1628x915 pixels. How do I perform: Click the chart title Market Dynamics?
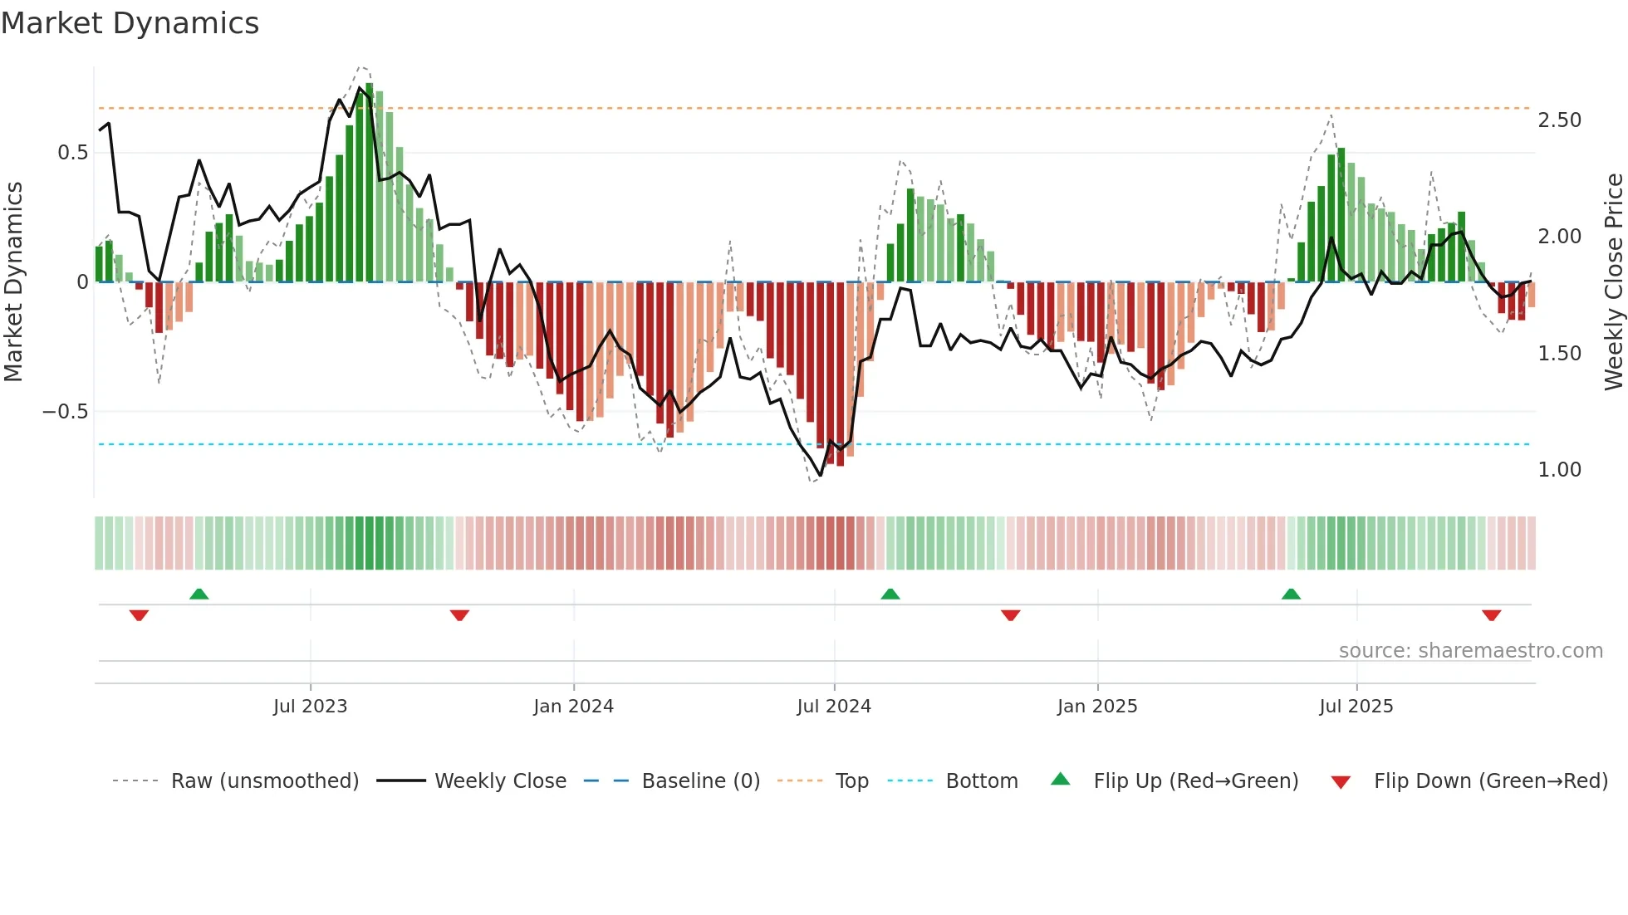coord(130,23)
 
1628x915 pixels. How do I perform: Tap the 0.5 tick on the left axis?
coord(72,153)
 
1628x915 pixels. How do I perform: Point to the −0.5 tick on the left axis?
coord(65,412)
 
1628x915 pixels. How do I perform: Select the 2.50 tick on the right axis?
coord(1559,120)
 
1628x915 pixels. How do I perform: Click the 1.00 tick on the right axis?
coord(1559,470)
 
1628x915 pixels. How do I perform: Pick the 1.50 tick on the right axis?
coord(1559,354)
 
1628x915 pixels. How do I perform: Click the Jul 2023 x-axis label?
coord(310,707)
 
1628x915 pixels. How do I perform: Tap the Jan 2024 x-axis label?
coord(573,707)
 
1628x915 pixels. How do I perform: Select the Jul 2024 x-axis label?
coord(834,707)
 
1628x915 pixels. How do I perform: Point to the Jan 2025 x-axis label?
coord(1097,707)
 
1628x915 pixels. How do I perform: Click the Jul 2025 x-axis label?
coord(1356,707)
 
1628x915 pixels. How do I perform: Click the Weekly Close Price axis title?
coord(1613,281)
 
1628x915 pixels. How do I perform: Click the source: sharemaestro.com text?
coord(1470,651)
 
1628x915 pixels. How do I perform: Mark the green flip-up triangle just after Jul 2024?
coord(890,595)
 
